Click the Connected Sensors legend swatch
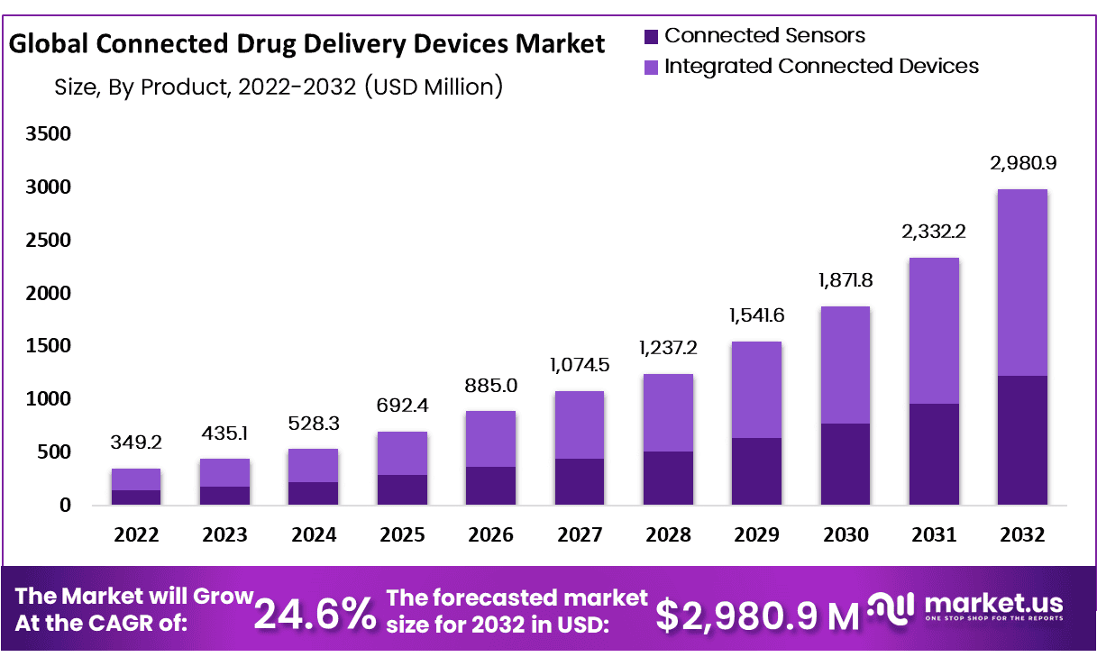pyautogui.click(x=651, y=37)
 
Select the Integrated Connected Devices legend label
pyautogui.click(x=821, y=66)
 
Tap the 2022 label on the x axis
pyautogui.click(x=136, y=534)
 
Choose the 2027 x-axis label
pyautogui.click(x=579, y=534)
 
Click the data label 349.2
pyautogui.click(x=136, y=442)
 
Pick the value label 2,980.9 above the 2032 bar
pyautogui.click(x=1022, y=163)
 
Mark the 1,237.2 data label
pyautogui.click(x=668, y=348)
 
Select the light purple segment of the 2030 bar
pyautogui.click(x=845, y=365)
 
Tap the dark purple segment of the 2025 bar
pyautogui.click(x=402, y=489)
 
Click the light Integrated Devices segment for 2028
pyautogui.click(x=668, y=413)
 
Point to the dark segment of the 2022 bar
pyautogui.click(x=136, y=497)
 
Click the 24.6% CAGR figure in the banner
pyautogui.click(x=315, y=614)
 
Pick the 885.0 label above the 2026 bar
pyautogui.click(x=490, y=385)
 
